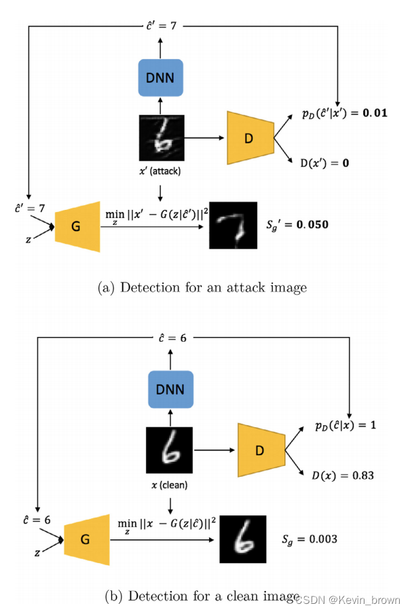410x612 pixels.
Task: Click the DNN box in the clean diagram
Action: [x=170, y=390]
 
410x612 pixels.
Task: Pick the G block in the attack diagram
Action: [x=77, y=226]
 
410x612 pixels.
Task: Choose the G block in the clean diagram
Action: [x=86, y=539]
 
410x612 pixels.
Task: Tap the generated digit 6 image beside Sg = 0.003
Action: [x=243, y=539]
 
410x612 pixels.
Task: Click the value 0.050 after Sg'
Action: [x=313, y=223]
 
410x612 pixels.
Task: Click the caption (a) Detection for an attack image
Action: [x=202, y=287]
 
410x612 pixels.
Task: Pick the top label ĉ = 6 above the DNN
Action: [x=170, y=338]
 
